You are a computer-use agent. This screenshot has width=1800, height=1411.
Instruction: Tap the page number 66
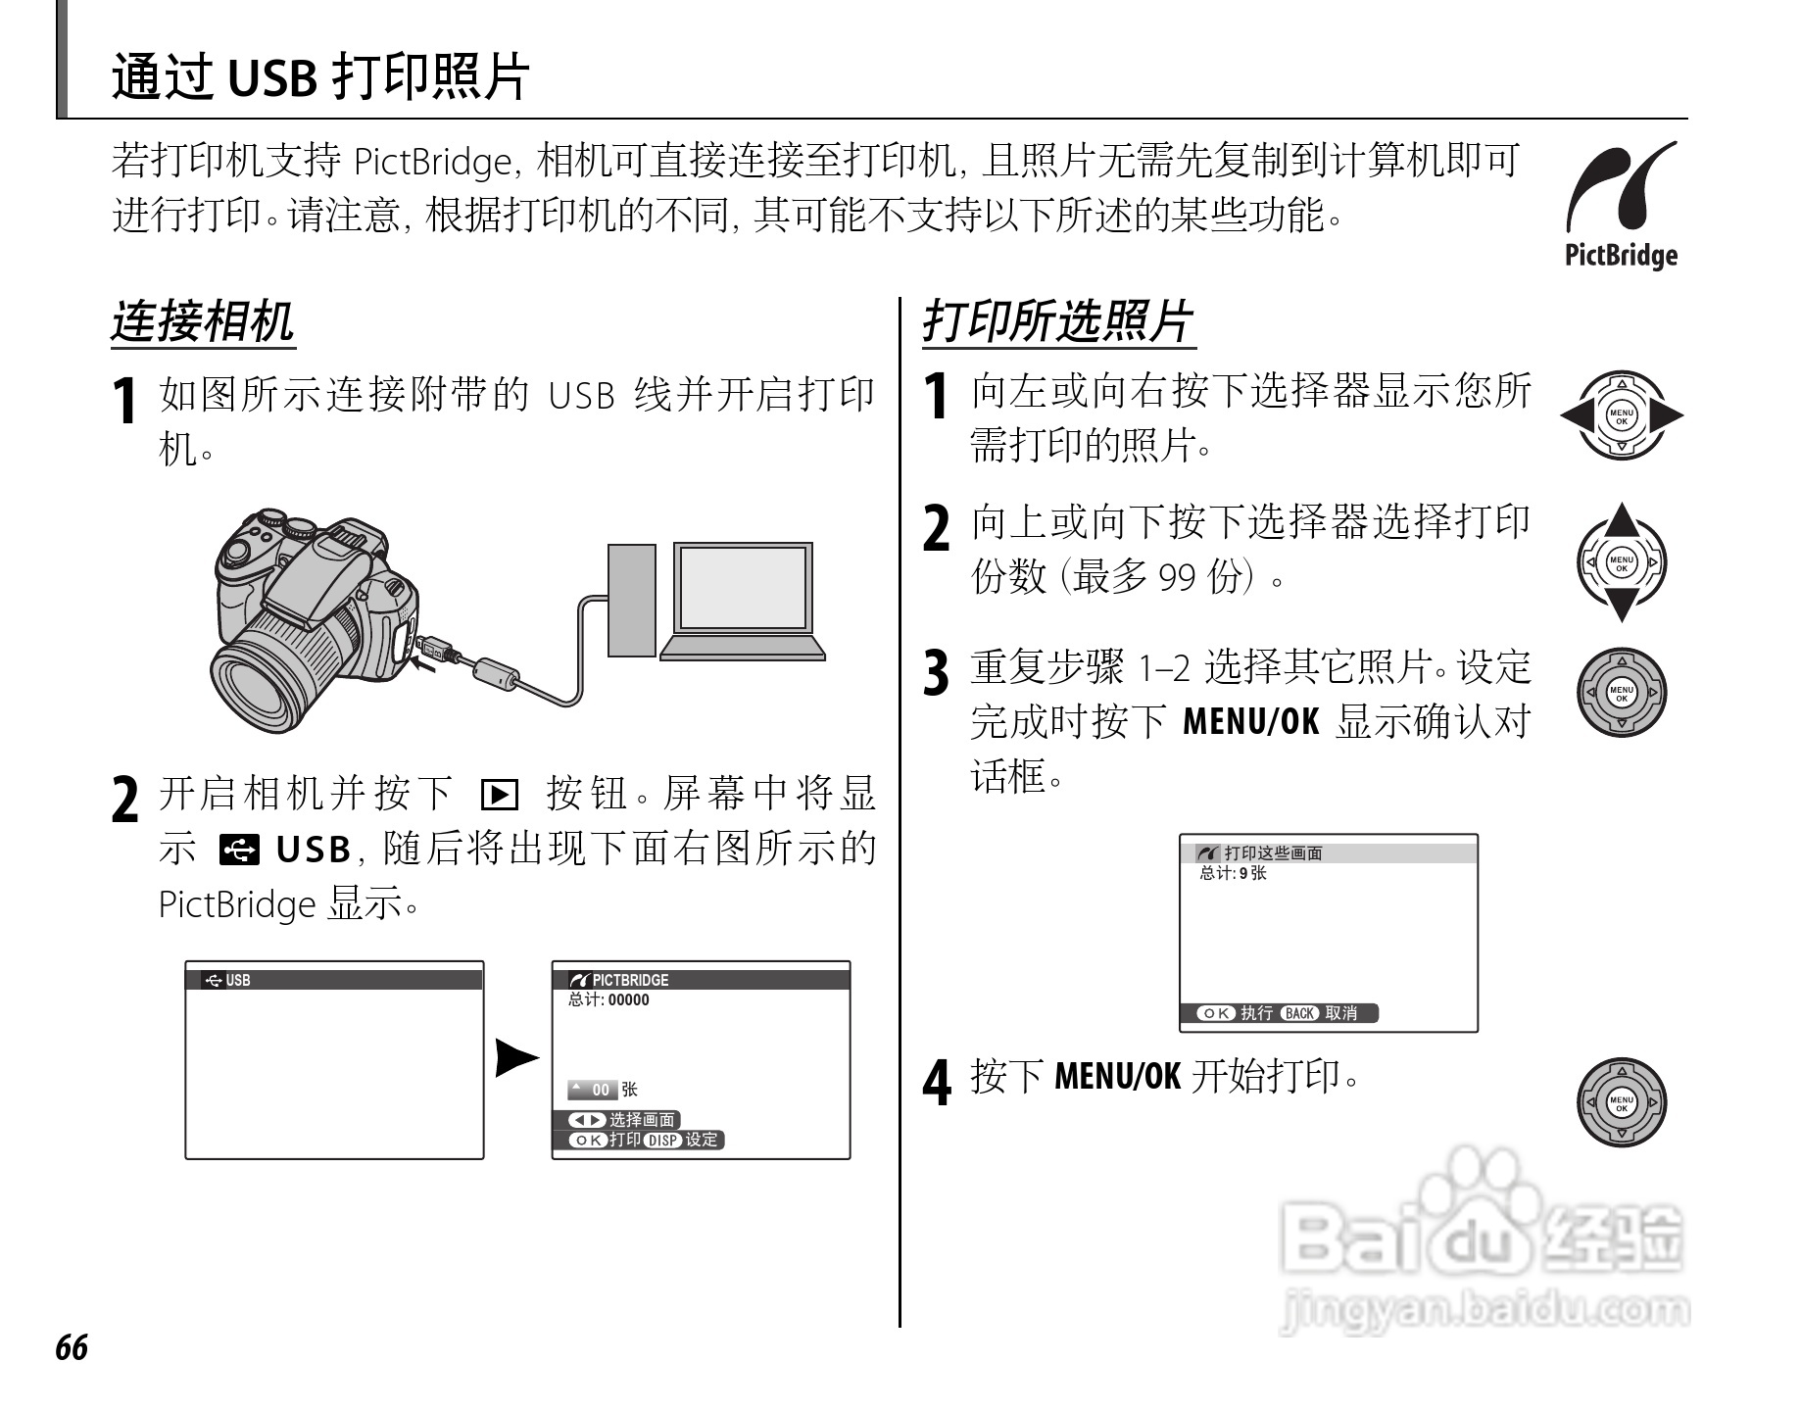click(x=72, y=1348)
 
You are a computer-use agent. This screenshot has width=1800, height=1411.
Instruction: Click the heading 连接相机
click(x=202, y=321)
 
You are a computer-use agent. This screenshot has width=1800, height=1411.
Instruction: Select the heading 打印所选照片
click(x=1057, y=321)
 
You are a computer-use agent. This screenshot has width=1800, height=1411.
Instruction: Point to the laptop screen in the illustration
click(x=744, y=588)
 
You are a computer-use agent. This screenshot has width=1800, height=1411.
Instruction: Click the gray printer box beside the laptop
click(x=631, y=600)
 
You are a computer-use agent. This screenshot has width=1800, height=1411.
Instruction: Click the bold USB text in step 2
click(x=313, y=850)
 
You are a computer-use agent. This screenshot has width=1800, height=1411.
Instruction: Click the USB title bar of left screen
click(x=333, y=980)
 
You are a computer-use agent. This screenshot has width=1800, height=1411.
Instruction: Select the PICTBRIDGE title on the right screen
click(x=629, y=980)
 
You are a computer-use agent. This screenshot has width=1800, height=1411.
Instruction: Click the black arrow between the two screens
click(x=516, y=1058)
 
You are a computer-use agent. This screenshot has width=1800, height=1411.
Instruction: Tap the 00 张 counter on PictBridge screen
click(x=603, y=1090)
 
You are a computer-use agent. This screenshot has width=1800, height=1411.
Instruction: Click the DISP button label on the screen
click(x=662, y=1141)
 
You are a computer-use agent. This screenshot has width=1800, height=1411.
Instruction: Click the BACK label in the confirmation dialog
click(x=1299, y=1013)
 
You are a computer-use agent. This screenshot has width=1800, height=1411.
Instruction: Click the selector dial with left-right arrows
click(x=1621, y=415)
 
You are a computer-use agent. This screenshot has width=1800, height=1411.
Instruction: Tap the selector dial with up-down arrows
click(x=1621, y=562)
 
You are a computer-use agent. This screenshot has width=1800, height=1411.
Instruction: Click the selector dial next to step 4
click(x=1621, y=1101)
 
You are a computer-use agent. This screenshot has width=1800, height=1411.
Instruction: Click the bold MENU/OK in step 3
click(x=1250, y=722)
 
